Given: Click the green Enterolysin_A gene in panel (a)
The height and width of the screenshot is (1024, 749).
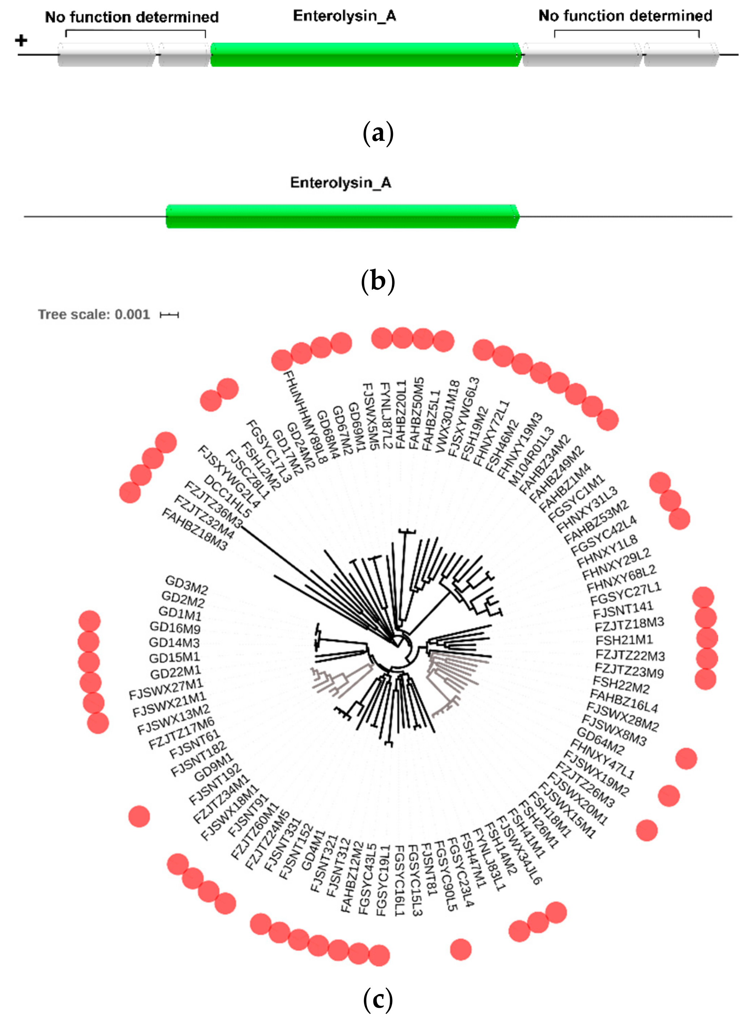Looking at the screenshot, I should click(365, 55).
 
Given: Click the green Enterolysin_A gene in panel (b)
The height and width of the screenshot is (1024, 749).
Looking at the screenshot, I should click(342, 216).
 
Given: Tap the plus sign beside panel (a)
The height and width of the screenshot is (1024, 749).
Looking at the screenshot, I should click(21, 41).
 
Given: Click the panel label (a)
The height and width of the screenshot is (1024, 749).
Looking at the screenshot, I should click(378, 134).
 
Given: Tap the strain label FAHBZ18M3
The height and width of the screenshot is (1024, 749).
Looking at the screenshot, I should click(194, 529).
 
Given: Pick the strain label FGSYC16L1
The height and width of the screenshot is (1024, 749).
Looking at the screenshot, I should click(399, 880).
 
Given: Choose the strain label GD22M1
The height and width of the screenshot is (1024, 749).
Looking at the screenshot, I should click(175, 672).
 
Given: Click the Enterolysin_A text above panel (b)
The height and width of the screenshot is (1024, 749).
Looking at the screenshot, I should click(341, 182).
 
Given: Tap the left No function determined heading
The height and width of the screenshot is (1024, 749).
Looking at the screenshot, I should click(132, 17).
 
